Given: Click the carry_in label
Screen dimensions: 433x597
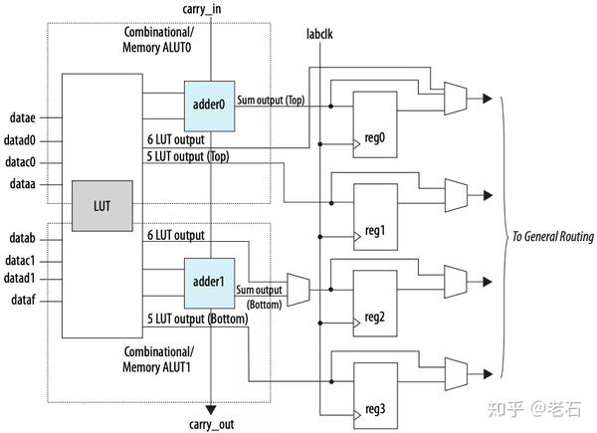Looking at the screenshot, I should click(x=209, y=9).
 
